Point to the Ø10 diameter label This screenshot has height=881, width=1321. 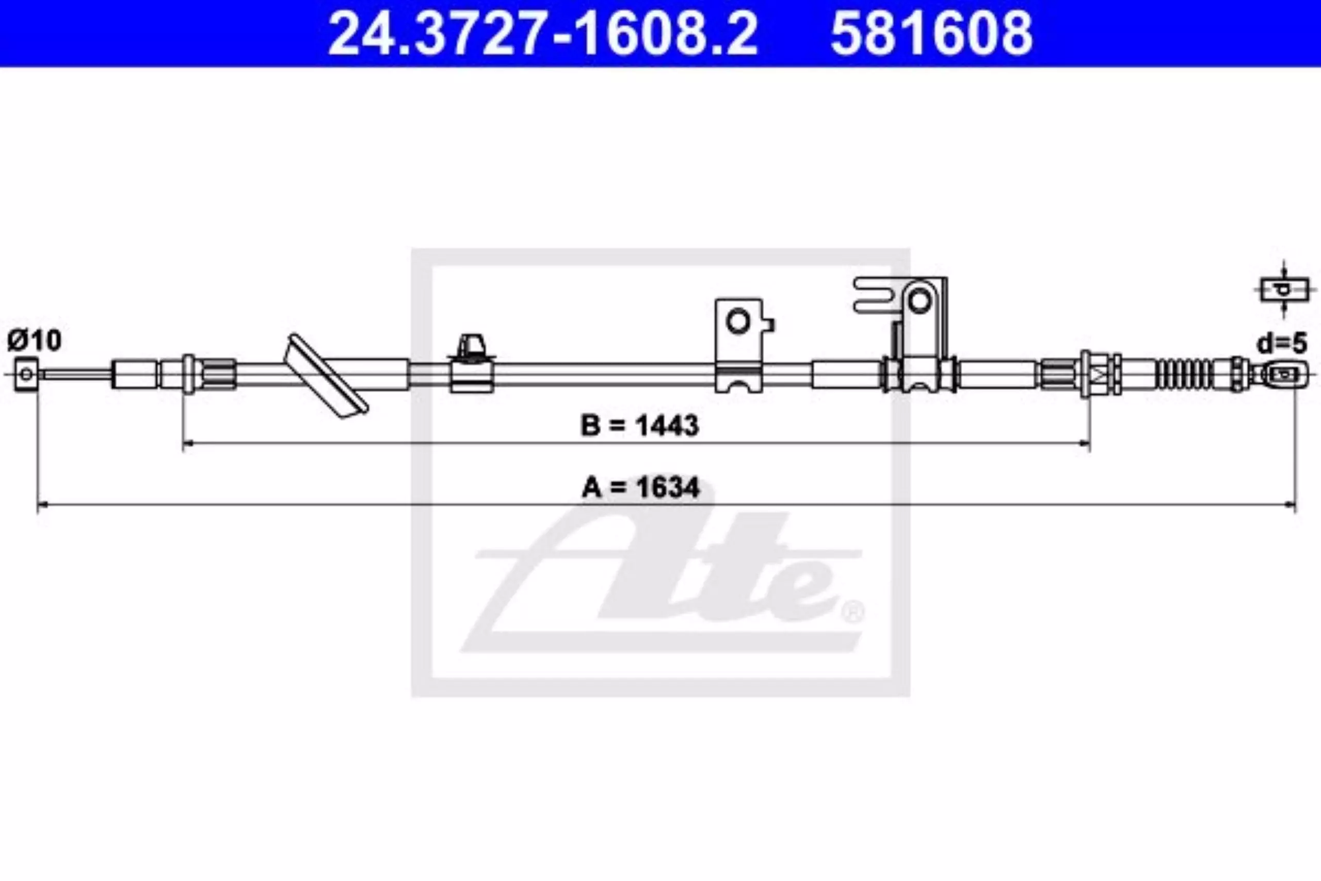[x=34, y=341]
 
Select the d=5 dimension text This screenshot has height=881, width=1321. [x=1282, y=343]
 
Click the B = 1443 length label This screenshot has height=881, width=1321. [x=640, y=425]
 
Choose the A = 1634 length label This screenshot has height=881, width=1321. [x=640, y=488]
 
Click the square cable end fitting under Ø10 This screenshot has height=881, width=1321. [x=26, y=374]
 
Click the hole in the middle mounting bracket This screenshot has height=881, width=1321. [x=738, y=322]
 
